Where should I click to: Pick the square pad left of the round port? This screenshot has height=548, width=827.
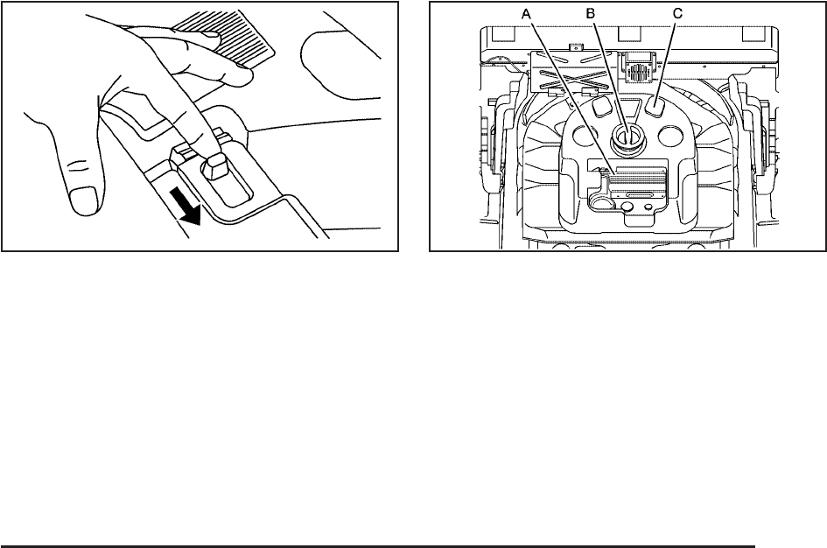[x=599, y=106]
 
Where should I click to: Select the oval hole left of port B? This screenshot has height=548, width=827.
[x=585, y=136]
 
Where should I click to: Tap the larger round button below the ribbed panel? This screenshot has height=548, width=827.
[x=627, y=207]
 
